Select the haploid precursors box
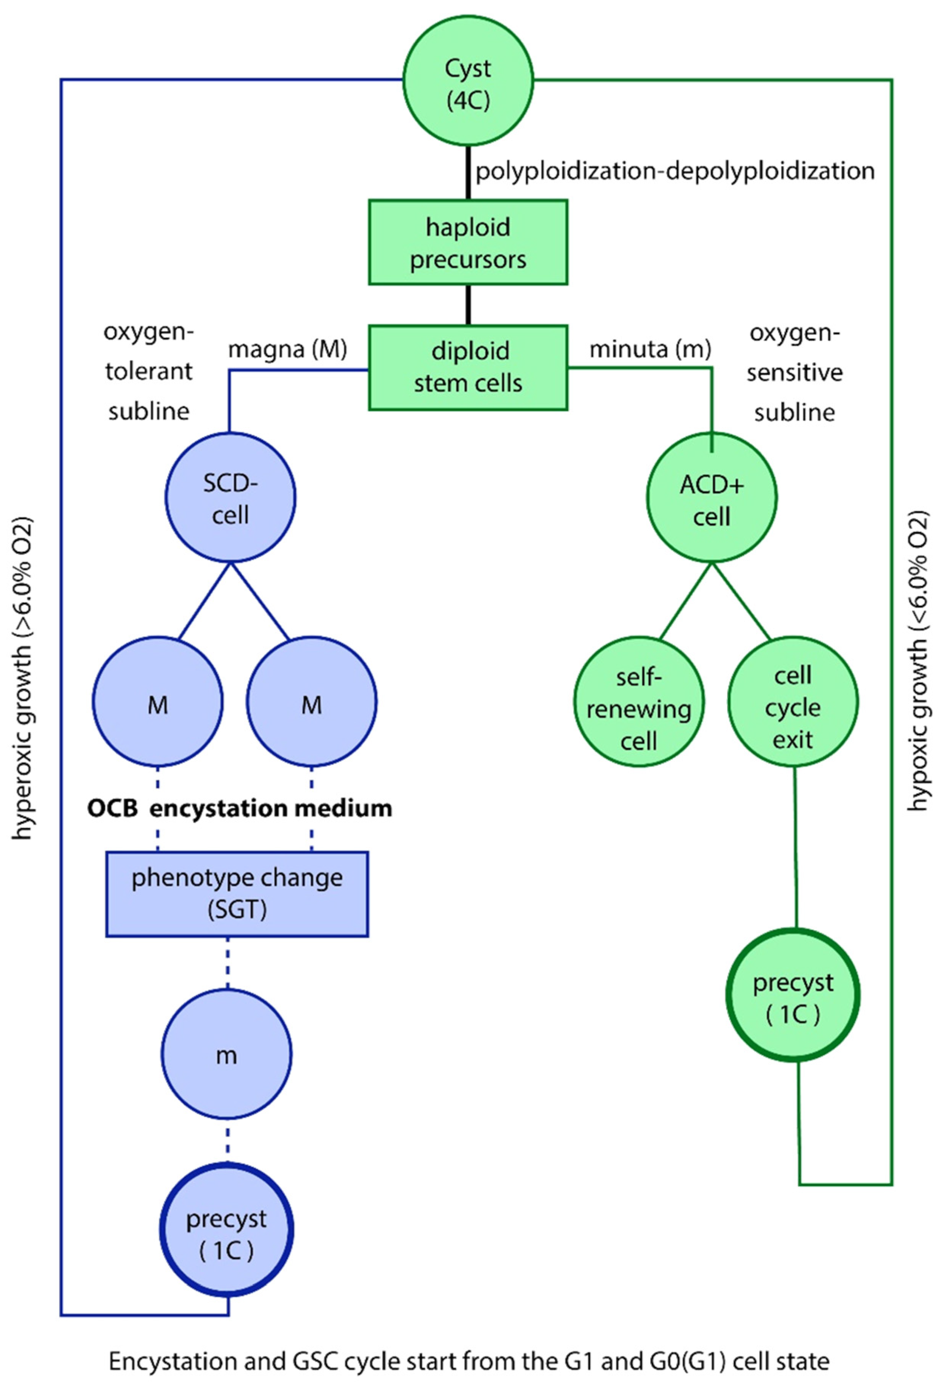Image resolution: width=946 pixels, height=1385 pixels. point(468,242)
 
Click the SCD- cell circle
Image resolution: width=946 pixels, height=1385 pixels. point(230,497)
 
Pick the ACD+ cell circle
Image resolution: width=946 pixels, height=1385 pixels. point(712,497)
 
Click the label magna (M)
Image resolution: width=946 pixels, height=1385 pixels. point(288,350)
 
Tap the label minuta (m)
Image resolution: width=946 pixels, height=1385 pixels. point(650,350)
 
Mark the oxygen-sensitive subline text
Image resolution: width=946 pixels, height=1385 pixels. point(794,373)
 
